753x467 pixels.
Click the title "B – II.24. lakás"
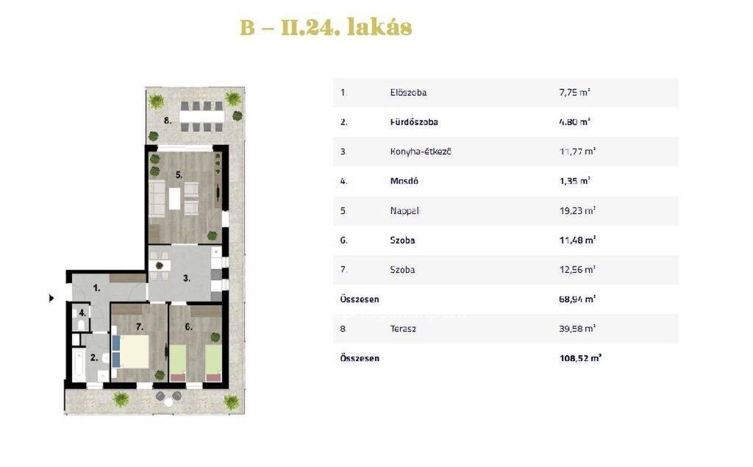(x=326, y=27)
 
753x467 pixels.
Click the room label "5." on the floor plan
(x=179, y=175)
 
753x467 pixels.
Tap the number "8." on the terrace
(x=168, y=121)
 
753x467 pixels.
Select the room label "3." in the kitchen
(x=186, y=278)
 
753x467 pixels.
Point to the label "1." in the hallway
(x=96, y=288)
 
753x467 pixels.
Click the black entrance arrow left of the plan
(x=52, y=299)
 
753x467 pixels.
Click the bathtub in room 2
(x=79, y=365)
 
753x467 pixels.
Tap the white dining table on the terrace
(x=201, y=117)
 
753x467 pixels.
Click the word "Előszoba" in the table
(x=408, y=93)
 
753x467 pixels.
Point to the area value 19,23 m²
(x=577, y=210)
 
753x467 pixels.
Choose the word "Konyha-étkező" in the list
(x=420, y=151)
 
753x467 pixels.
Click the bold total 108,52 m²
(x=581, y=358)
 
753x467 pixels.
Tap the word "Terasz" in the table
(x=403, y=329)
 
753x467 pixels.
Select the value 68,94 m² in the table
(x=577, y=299)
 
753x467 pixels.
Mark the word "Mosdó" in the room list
(x=404, y=181)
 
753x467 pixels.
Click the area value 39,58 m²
(x=577, y=329)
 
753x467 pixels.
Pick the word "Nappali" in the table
(x=405, y=211)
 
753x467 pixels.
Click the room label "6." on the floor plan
(x=188, y=327)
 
